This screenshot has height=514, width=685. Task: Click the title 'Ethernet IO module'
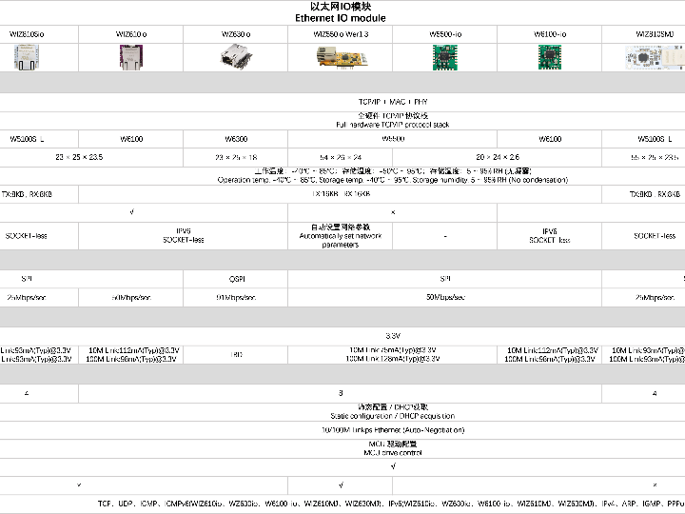[341, 18]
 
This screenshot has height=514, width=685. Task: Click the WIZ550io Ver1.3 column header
[341, 34]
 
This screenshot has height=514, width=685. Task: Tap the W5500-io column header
[445, 34]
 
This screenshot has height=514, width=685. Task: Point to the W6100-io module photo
[550, 56]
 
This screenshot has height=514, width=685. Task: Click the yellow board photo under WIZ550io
[341, 57]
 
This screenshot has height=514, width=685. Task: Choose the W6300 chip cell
[236, 139]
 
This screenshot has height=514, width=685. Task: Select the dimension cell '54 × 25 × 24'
[341, 157]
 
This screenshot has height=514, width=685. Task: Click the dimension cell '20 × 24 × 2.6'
[498, 157]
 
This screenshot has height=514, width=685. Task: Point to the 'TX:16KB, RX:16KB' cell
[341, 193]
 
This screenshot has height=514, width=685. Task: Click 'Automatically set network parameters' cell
[341, 236]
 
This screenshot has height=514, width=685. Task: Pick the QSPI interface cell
[236, 279]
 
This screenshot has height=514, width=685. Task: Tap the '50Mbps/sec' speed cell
[445, 297]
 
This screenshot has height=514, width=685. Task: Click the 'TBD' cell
[236, 354]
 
